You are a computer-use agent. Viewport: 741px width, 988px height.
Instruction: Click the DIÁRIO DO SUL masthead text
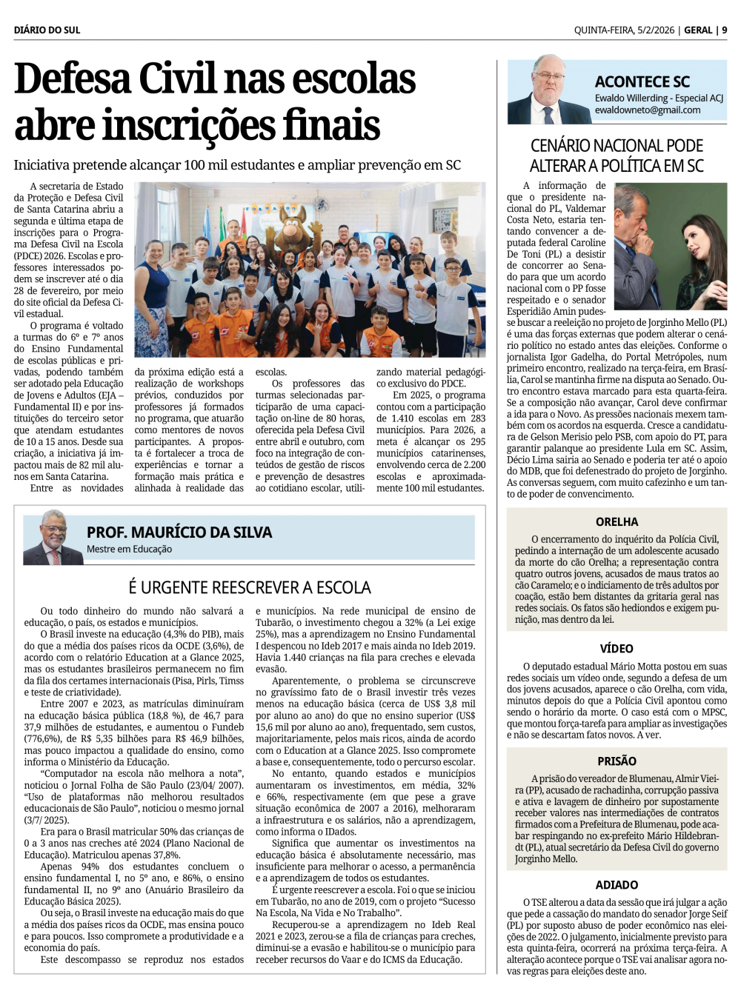(47, 30)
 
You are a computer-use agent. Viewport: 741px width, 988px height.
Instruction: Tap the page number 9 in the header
(724, 30)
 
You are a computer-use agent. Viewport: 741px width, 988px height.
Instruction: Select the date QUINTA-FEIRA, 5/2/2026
(624, 30)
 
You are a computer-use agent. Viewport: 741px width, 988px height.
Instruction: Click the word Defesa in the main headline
(72, 79)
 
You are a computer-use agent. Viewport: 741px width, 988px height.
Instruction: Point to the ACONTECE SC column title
(642, 81)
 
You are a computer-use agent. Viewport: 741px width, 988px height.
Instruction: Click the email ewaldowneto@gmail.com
(648, 110)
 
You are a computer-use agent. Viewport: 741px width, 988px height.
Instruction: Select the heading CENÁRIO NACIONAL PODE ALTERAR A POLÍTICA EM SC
(617, 156)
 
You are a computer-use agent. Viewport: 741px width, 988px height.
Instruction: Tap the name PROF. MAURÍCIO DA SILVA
(179, 532)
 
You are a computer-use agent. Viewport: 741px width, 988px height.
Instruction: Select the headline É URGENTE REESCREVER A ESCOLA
(249, 587)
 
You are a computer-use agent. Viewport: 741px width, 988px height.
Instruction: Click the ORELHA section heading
(617, 522)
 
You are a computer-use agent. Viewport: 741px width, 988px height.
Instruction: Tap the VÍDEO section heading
(617, 649)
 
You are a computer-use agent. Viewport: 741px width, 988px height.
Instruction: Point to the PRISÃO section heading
(617, 761)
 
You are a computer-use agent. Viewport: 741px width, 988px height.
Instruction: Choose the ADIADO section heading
(617, 885)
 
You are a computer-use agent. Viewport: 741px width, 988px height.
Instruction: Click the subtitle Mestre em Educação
(129, 550)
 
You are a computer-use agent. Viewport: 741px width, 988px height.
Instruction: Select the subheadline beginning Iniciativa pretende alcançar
(237, 165)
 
